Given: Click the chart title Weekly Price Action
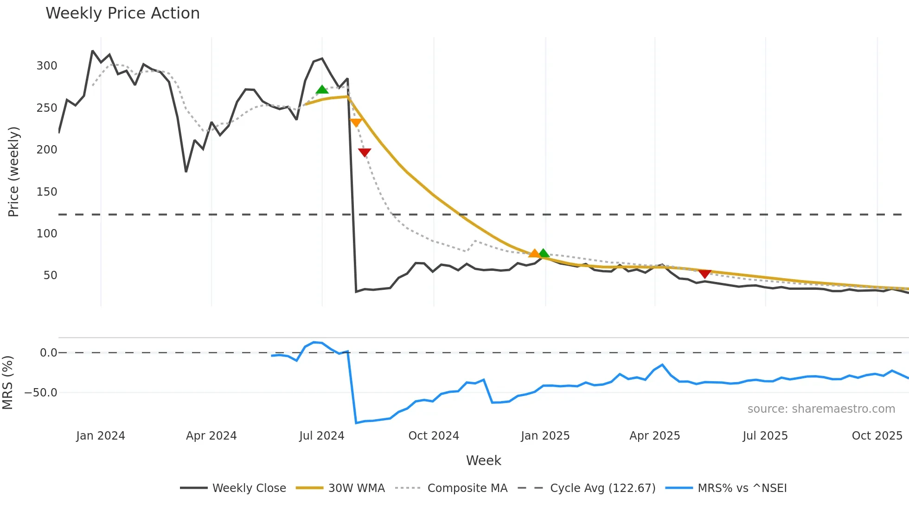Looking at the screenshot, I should [122, 13].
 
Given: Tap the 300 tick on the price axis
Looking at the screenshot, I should [47, 66].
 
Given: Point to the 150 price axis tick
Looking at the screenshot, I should [47, 192].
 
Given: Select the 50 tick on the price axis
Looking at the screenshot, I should [50, 275].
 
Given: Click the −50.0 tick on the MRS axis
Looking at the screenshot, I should [41, 393].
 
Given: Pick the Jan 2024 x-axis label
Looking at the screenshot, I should [101, 436].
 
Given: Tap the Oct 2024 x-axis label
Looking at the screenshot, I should [434, 436].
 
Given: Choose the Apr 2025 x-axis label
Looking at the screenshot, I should [654, 436].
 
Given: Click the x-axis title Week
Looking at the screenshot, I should [483, 460].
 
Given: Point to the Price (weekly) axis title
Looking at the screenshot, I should [13, 172].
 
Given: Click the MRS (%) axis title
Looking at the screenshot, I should [7, 383].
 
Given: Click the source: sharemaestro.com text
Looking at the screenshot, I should [821, 409].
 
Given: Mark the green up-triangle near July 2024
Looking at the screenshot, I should [322, 89].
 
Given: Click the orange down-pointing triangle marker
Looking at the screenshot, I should [356, 123].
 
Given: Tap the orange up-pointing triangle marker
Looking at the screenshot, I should [534, 253].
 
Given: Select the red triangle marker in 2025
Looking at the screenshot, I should [704, 274].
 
